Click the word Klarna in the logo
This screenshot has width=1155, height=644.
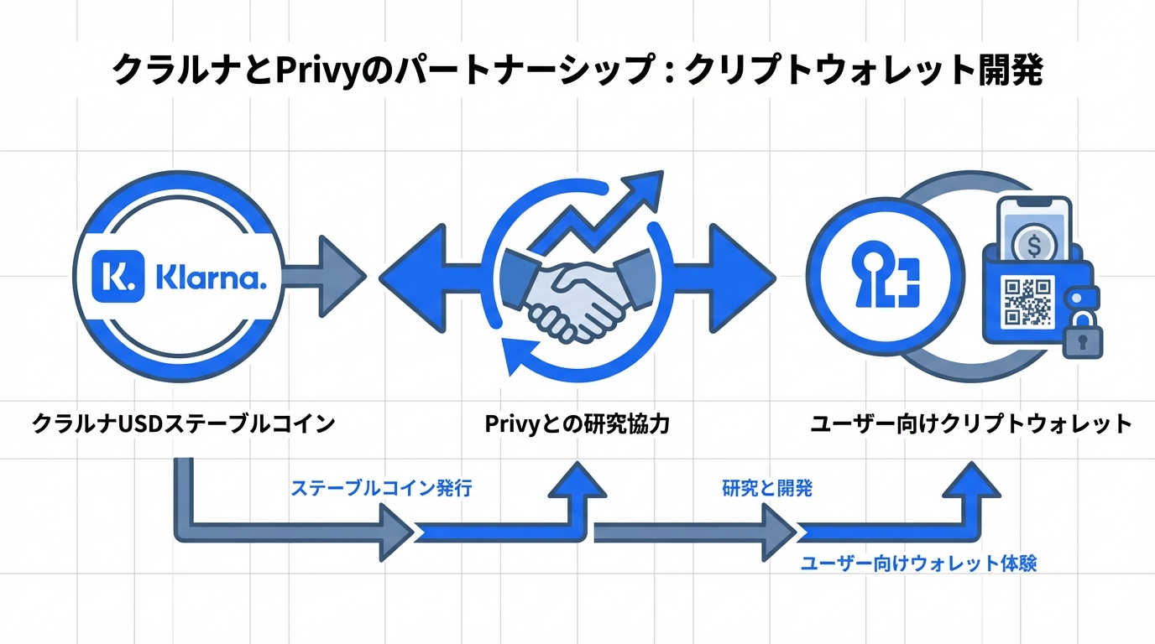pos(210,276)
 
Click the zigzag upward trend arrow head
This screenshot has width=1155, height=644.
pos(641,190)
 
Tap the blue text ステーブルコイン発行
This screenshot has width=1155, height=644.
pos(380,489)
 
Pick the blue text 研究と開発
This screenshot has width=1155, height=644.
pos(766,489)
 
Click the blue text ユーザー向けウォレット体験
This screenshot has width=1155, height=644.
pos(918,563)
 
